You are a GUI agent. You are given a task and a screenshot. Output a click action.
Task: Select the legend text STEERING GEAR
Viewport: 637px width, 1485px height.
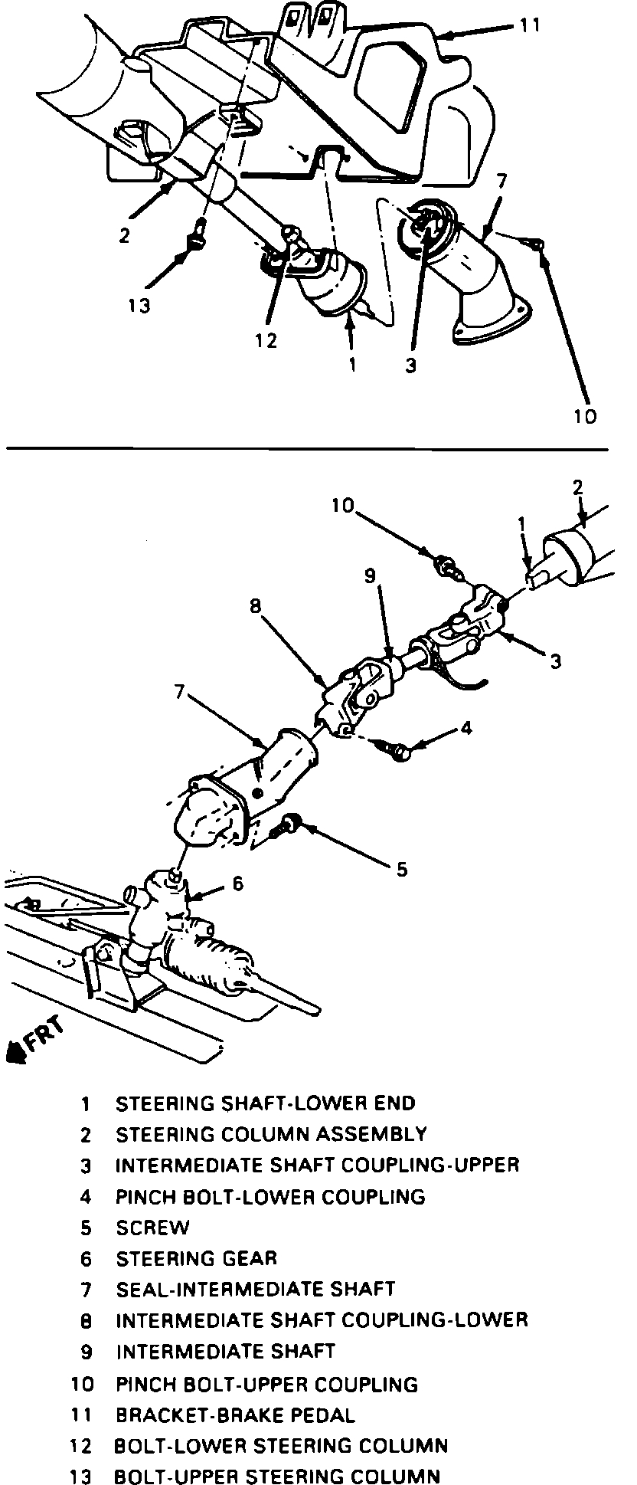[196, 1258]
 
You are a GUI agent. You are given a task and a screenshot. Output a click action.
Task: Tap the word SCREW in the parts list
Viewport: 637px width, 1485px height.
[152, 1228]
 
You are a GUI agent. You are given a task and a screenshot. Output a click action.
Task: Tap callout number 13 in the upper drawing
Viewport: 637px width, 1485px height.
[139, 305]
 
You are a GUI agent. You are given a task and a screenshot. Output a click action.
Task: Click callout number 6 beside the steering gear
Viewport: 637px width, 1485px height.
[237, 884]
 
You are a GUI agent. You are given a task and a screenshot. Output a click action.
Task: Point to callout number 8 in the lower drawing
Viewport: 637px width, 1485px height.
[255, 606]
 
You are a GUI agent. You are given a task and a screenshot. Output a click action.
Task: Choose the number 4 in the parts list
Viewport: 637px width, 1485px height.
[85, 1196]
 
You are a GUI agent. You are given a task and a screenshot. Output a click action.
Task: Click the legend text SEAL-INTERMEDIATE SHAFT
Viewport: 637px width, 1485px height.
[255, 1289]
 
